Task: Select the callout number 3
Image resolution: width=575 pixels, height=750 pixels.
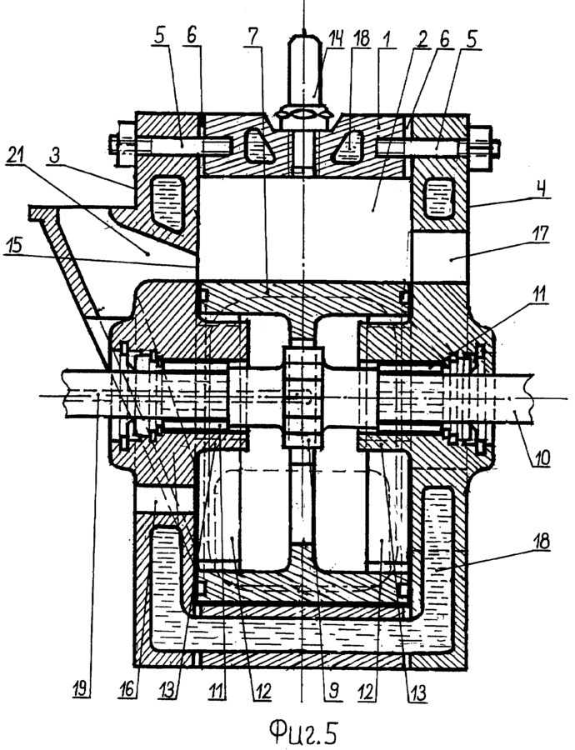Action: click(56, 156)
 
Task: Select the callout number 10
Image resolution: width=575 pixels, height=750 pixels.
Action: click(541, 457)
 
